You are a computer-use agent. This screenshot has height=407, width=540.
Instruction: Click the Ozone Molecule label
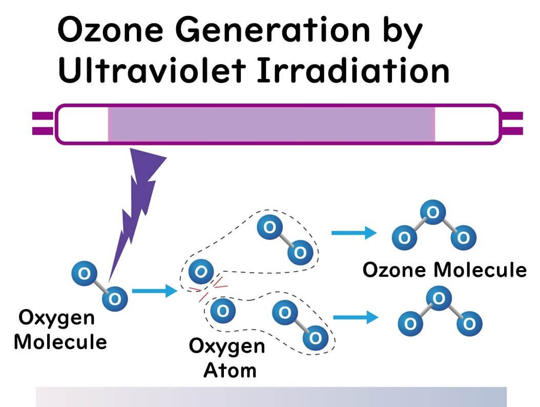click(444, 270)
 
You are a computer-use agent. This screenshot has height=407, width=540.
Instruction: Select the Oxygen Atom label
click(227, 358)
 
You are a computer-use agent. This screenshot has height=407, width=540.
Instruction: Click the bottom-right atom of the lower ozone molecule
click(469, 323)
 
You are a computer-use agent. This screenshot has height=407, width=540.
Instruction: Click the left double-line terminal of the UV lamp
click(43, 124)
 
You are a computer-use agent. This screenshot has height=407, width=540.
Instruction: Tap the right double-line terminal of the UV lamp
click(512, 124)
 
